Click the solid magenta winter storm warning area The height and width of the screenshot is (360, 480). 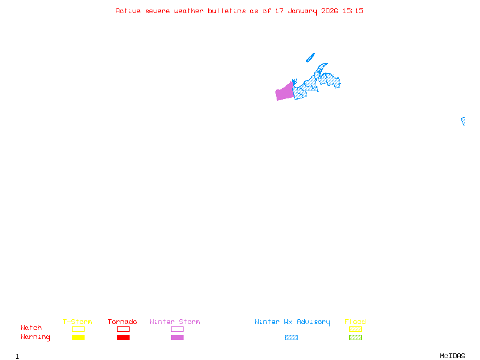coord(284,92)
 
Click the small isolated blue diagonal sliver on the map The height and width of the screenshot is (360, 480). coord(310,58)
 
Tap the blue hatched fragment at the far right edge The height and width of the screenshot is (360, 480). coord(463,121)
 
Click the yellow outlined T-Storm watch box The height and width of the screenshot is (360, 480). coord(79,329)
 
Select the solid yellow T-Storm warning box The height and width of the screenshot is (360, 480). coord(79,337)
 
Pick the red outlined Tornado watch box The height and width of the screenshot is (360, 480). coord(124,329)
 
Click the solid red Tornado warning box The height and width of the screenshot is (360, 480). coord(124,337)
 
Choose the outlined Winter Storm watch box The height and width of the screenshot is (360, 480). coord(177,329)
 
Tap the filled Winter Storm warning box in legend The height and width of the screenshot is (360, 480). coord(177,337)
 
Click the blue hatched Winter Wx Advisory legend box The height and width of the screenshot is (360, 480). coord(291,337)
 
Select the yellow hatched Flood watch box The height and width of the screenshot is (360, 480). coord(355,329)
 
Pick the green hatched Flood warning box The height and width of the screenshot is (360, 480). coord(355,337)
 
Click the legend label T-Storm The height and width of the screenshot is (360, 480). coord(77,322)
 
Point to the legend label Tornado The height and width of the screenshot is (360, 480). coord(122,322)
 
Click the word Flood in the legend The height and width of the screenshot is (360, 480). coord(355,322)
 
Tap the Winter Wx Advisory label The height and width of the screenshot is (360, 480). coord(292,322)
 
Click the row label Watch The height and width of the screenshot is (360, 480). coord(31,328)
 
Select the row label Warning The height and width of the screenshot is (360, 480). coord(35,337)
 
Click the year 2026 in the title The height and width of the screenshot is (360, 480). coord(329,11)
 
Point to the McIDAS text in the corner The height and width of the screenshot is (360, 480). coord(452,356)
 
